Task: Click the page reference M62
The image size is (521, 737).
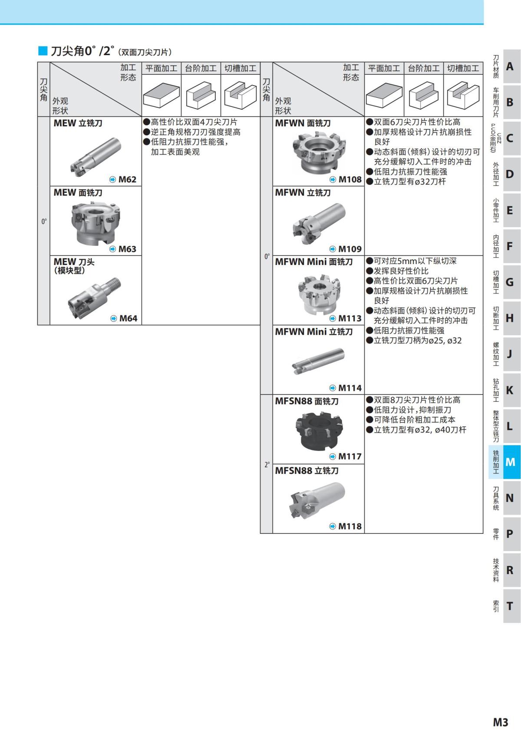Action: click(x=127, y=179)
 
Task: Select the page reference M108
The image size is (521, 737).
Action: click(x=350, y=179)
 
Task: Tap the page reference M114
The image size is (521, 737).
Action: click(x=350, y=388)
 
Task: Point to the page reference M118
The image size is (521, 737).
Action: click(x=350, y=526)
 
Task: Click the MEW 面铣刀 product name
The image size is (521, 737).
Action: click(x=78, y=192)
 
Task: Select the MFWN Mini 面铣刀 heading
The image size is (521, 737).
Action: click(x=314, y=262)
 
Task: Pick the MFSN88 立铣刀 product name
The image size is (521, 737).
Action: click(x=307, y=470)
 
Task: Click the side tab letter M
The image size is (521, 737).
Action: click(x=510, y=462)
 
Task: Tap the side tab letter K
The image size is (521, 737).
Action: click(x=510, y=390)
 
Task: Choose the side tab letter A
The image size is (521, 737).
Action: click(x=510, y=66)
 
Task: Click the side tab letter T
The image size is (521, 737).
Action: click(x=510, y=606)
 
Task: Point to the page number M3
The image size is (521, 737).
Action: click(x=500, y=722)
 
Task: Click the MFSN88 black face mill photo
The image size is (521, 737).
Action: click(x=319, y=431)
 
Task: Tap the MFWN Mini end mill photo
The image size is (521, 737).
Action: click(x=318, y=362)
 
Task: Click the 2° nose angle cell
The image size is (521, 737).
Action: click(x=267, y=464)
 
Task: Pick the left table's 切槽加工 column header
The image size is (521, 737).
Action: click(x=240, y=68)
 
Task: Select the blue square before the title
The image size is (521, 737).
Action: click(x=43, y=51)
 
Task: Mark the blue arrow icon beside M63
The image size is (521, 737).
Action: click(x=112, y=249)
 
